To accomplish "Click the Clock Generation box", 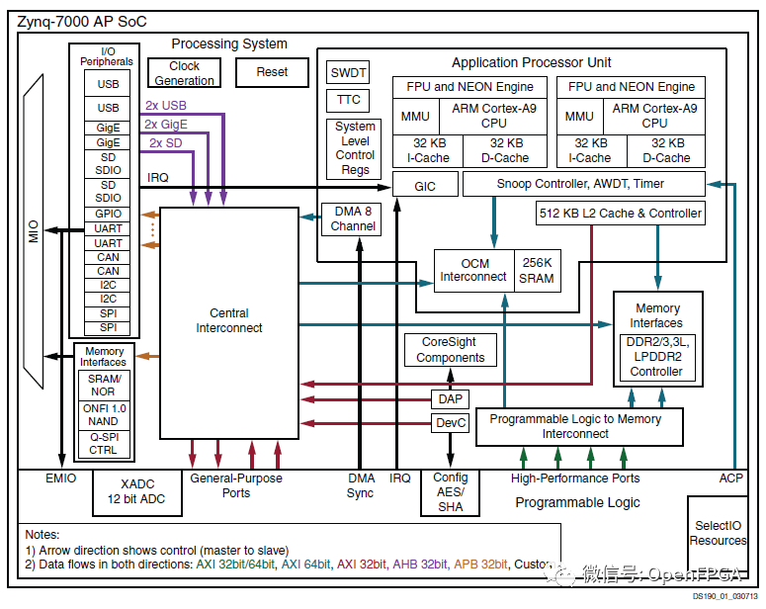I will coord(184,73).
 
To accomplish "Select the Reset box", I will coord(272,72).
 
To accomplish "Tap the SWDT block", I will coord(348,72).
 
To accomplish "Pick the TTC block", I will coord(348,100).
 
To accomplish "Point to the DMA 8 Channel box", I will coord(353,218).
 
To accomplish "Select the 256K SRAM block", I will coord(537,271).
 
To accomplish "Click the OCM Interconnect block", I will coord(473,271).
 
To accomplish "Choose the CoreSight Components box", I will coord(450,350).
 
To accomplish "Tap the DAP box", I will coord(449,398).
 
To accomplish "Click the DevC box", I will coord(449,423).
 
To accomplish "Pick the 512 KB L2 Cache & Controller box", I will coord(620,213).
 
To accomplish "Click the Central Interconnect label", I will coord(228,320).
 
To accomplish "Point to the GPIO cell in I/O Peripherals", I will coord(108,214).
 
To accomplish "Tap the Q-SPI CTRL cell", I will coord(103,443).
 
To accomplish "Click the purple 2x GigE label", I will coord(165,124).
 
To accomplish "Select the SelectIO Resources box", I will coord(718,533).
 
